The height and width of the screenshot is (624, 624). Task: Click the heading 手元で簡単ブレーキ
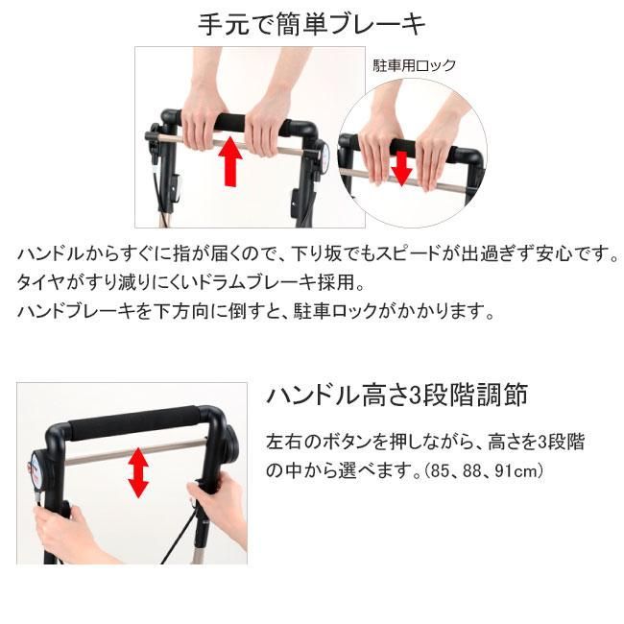point(312,24)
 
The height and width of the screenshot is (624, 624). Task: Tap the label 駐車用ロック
point(414,65)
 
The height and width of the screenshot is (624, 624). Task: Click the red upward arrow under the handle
point(230,161)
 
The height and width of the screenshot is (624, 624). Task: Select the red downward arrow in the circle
point(401,168)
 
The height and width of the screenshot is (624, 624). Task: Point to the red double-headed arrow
point(138,472)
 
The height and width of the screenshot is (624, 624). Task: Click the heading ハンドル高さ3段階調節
point(396,395)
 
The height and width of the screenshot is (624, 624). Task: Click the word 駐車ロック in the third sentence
point(335,311)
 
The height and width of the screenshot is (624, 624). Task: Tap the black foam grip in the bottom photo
point(134,422)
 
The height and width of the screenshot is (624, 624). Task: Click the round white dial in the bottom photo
point(38,469)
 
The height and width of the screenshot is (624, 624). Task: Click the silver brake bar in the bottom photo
point(135,452)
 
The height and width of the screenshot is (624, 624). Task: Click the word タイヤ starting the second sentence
point(40,282)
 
